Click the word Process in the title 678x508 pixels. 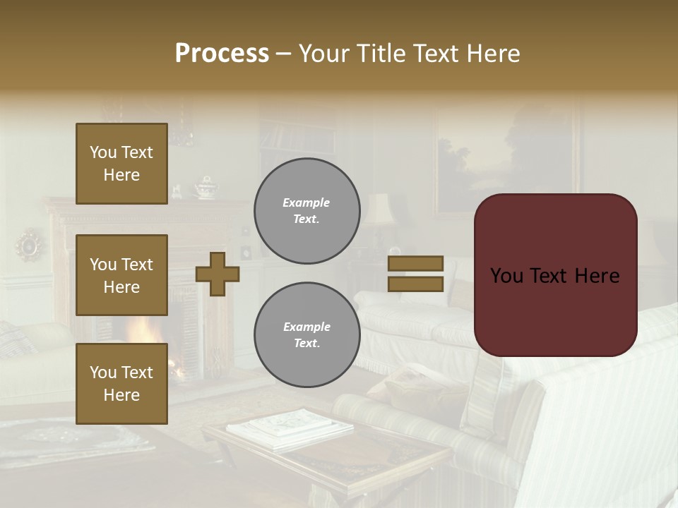click(222, 54)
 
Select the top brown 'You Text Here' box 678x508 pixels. click(121, 164)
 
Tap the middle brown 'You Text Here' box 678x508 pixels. click(121, 275)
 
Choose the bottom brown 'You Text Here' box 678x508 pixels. click(121, 384)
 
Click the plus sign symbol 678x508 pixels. click(218, 274)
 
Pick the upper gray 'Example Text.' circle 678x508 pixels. click(307, 211)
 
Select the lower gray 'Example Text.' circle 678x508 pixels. click(307, 335)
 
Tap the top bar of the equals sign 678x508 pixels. click(416, 264)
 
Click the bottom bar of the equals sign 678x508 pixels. click(416, 284)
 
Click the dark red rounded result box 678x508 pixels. click(556, 275)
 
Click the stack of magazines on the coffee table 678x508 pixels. click(290, 428)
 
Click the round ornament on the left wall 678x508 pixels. click(30, 245)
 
